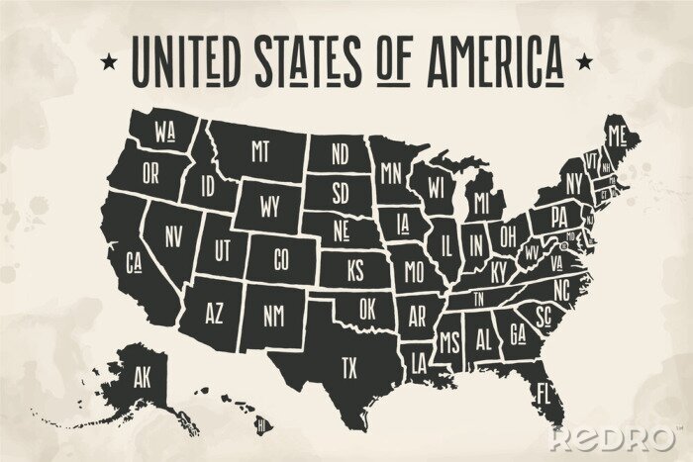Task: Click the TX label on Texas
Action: click(348, 369)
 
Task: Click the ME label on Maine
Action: click(619, 135)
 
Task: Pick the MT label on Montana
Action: click(259, 150)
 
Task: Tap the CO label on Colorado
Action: click(280, 260)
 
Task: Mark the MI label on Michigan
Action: click(482, 203)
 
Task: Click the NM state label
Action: click(273, 315)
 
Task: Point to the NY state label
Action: click(573, 183)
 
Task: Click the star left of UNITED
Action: click(106, 62)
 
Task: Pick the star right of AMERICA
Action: click(585, 62)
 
